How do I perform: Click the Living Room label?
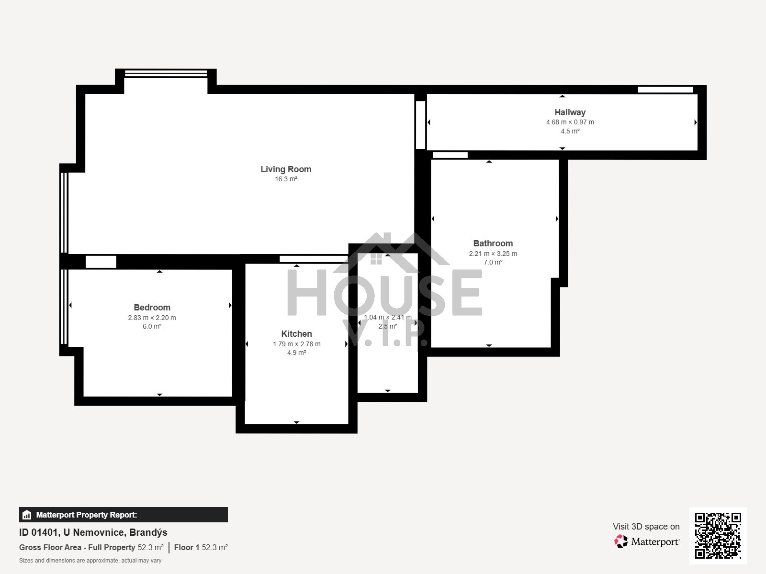click(x=286, y=169)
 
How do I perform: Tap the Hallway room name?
click(x=570, y=112)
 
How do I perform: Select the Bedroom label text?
click(x=152, y=308)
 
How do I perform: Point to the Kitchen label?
click(x=296, y=333)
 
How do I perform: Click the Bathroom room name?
click(x=493, y=243)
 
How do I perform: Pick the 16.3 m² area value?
click(x=286, y=179)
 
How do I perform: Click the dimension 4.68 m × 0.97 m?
click(x=570, y=122)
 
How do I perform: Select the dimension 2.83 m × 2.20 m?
click(x=152, y=318)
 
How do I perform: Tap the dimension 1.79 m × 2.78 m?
click(x=296, y=344)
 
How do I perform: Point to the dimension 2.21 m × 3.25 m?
click(x=493, y=254)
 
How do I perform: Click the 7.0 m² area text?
click(x=493, y=262)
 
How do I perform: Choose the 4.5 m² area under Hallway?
click(x=570, y=131)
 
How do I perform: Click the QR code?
click(x=718, y=535)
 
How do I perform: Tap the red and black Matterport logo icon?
click(x=620, y=541)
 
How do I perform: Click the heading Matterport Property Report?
click(x=87, y=515)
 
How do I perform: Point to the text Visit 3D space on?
click(x=646, y=527)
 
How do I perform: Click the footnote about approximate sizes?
click(x=90, y=561)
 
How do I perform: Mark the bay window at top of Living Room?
click(x=166, y=74)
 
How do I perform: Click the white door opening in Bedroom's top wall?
click(x=101, y=262)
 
